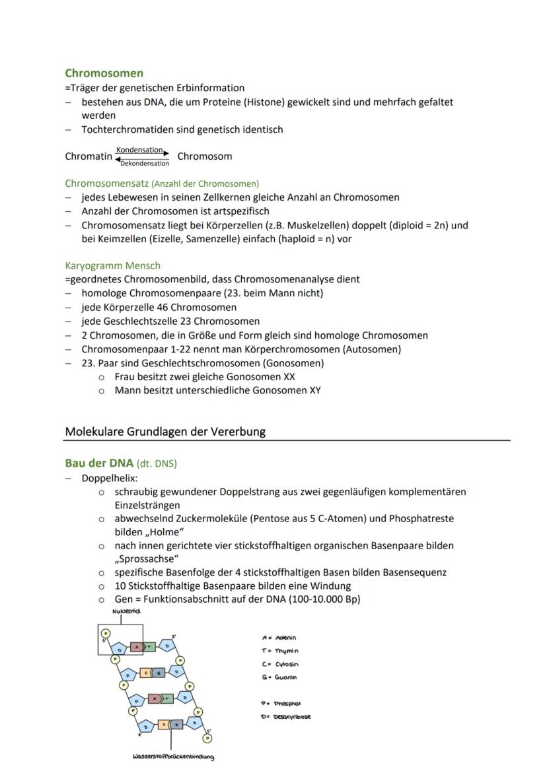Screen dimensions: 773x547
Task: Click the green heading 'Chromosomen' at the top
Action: pyautogui.click(x=104, y=73)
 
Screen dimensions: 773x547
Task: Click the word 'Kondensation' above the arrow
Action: pyautogui.click(x=139, y=151)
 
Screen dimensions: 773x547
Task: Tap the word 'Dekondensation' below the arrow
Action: pyautogui.click(x=144, y=164)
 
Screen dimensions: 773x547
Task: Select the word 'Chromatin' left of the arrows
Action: pyautogui.click(x=89, y=157)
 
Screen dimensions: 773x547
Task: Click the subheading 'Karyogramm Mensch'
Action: pyautogui.click(x=112, y=265)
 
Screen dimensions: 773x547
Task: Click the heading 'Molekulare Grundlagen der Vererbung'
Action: pyautogui.click(x=165, y=432)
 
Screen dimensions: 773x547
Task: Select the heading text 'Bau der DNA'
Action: pyautogui.click(x=99, y=463)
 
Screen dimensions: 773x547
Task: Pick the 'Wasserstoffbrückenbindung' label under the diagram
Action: pyautogui.click(x=173, y=756)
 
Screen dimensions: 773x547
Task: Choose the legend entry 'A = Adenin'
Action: pyautogui.click(x=279, y=638)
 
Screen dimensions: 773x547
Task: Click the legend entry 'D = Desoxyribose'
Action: pyautogui.click(x=285, y=717)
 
